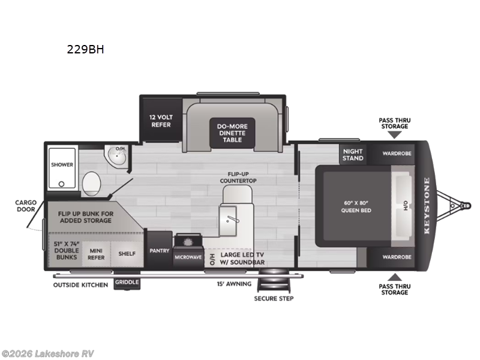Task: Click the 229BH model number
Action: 86,50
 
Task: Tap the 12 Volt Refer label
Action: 160,121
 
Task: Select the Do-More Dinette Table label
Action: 232,132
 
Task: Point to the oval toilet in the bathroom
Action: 91,182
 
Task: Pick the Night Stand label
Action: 353,155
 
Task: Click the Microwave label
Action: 189,257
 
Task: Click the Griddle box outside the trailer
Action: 127,282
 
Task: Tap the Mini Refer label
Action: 97,254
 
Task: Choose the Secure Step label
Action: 274,298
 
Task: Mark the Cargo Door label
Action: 26,206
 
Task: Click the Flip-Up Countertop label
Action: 238,177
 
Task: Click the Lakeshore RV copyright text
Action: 47,353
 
